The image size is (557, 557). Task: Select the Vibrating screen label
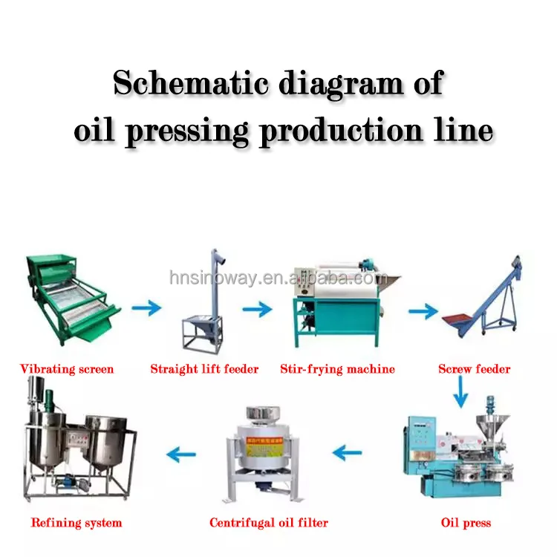click(x=67, y=368)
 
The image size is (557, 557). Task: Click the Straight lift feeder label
click(x=204, y=368)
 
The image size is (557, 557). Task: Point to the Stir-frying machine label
click(x=337, y=368)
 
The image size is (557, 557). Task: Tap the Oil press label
click(x=466, y=523)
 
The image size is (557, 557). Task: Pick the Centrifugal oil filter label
click(x=268, y=523)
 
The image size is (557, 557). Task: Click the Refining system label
click(x=76, y=523)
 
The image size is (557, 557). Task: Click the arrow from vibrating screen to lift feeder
click(x=146, y=307)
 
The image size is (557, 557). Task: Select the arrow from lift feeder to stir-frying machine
click(x=257, y=307)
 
